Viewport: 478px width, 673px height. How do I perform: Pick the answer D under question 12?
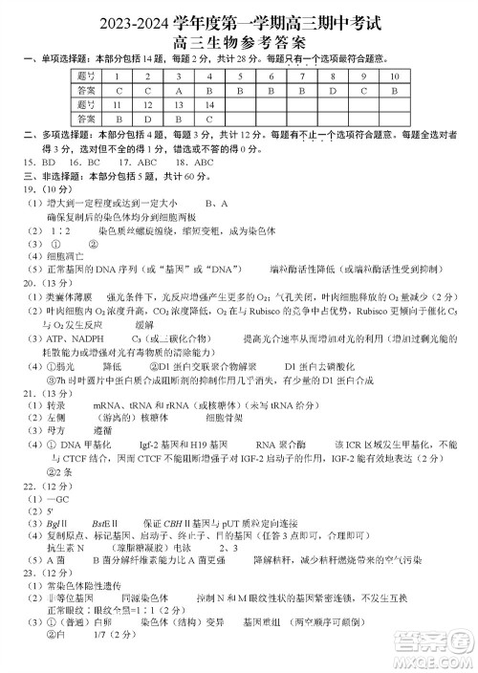(x=147, y=119)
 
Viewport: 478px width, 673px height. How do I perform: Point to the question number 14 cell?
(x=208, y=104)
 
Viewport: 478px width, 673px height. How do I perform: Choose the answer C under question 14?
(x=208, y=119)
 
